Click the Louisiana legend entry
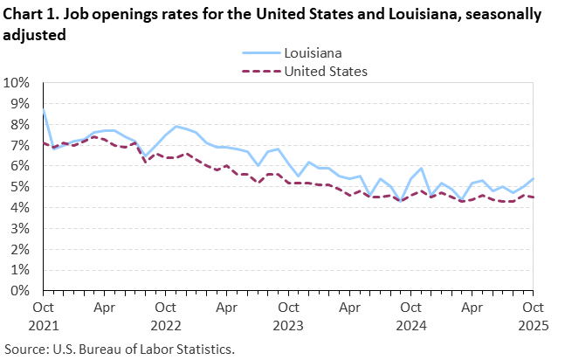point(313,52)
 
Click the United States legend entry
point(326,71)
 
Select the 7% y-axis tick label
point(21,145)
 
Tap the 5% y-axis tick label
point(21,187)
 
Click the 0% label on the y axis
point(21,291)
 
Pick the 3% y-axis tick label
point(21,229)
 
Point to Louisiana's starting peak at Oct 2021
point(44,108)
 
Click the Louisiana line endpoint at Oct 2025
point(533,178)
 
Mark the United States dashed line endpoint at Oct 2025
point(533,197)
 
